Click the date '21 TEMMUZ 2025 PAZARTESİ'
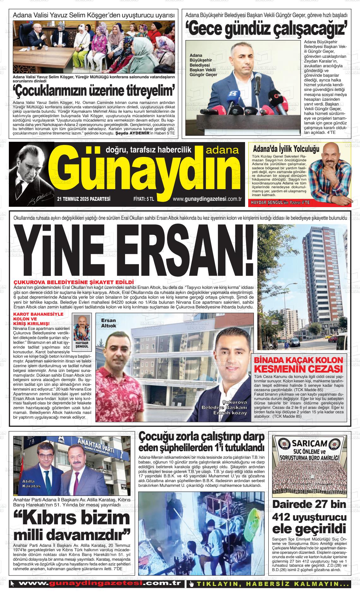[84, 199]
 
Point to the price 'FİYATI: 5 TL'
[144, 199]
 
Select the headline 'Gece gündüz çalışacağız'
[268, 29]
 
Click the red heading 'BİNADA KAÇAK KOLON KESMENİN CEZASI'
[299, 365]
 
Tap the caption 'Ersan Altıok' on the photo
[108, 323]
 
